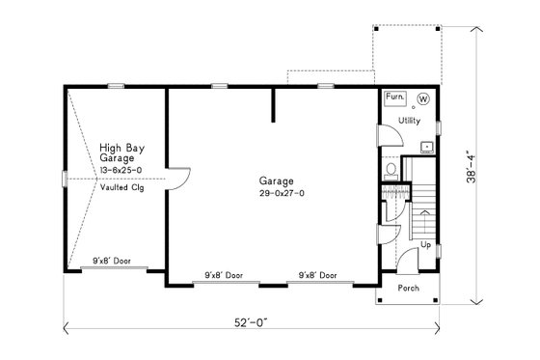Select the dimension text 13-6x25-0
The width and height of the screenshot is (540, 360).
121,170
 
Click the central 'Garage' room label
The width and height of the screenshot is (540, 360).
276,180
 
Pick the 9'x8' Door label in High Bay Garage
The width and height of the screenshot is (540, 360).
112,261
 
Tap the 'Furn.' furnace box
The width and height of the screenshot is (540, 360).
394,97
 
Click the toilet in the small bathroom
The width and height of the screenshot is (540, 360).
390,170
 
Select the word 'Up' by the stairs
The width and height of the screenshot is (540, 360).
424,245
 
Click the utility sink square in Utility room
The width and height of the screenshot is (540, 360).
427,147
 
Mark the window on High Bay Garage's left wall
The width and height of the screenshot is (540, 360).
64,179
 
